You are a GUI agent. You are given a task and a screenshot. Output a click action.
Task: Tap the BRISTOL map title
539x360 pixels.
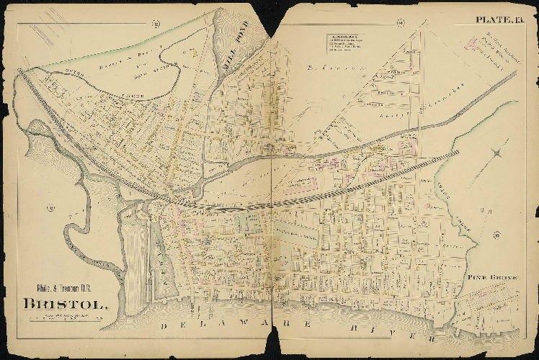[x=66, y=302]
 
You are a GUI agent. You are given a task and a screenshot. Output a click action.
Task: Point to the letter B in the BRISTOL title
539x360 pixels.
[x=29, y=302]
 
